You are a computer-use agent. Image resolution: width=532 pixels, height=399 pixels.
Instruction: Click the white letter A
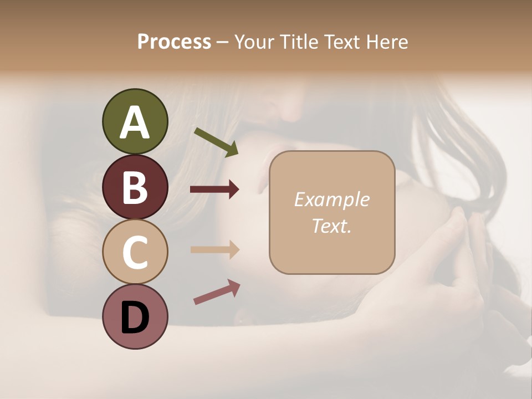[135, 122]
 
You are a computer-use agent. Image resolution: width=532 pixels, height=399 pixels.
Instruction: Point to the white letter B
[135, 187]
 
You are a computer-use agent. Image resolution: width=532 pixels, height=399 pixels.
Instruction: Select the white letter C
[135, 252]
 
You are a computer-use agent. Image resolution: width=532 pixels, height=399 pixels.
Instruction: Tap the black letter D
[135, 317]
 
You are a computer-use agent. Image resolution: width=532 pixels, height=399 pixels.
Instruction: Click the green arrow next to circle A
[216, 142]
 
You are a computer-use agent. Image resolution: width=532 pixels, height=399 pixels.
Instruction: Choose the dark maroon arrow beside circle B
[214, 190]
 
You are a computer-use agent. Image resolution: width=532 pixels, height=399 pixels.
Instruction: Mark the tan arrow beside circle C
[214, 249]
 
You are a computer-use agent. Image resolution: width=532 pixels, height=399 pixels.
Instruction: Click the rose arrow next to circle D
[217, 292]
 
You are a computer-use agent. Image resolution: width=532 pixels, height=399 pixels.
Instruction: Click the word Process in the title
[174, 42]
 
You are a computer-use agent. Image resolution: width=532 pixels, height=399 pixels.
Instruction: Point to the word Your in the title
[256, 42]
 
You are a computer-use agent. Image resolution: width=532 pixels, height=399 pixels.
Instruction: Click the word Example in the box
[331, 199]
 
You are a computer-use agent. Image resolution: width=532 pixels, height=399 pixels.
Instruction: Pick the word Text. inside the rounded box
[331, 226]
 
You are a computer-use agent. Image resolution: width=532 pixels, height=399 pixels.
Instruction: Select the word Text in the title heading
[342, 42]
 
